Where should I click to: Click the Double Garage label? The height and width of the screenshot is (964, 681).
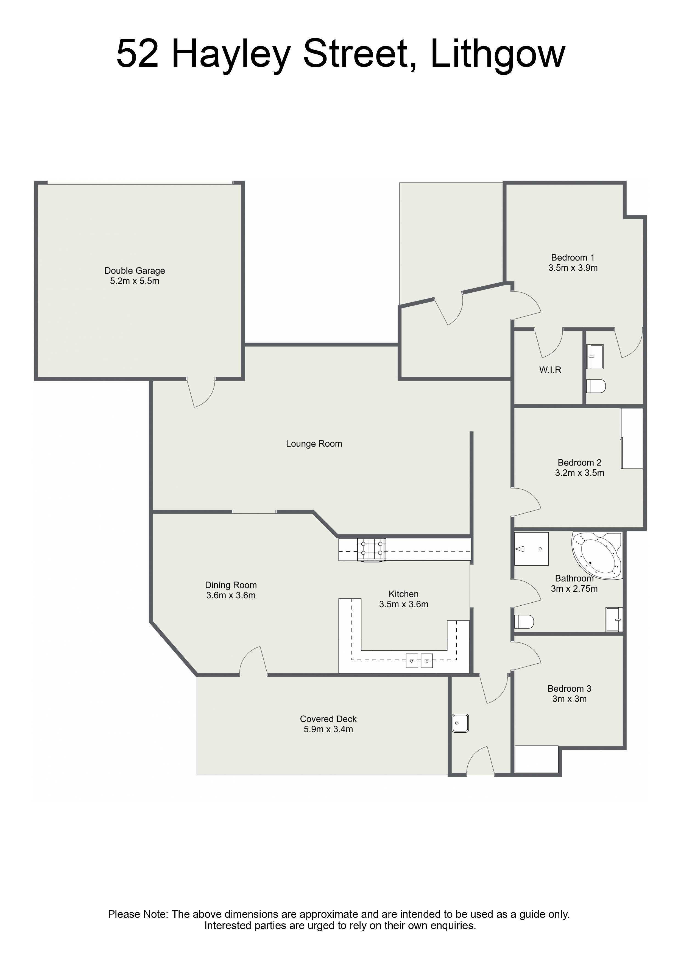(135, 271)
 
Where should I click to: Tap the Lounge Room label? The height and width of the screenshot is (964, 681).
(314, 444)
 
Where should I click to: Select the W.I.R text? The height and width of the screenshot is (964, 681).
(550, 370)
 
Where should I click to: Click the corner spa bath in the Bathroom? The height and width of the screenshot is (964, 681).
(597, 556)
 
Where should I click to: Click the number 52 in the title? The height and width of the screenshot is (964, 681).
(137, 54)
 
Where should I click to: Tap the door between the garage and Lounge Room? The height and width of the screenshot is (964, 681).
(200, 392)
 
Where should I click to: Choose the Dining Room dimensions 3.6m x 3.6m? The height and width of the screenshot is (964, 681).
(231, 595)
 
